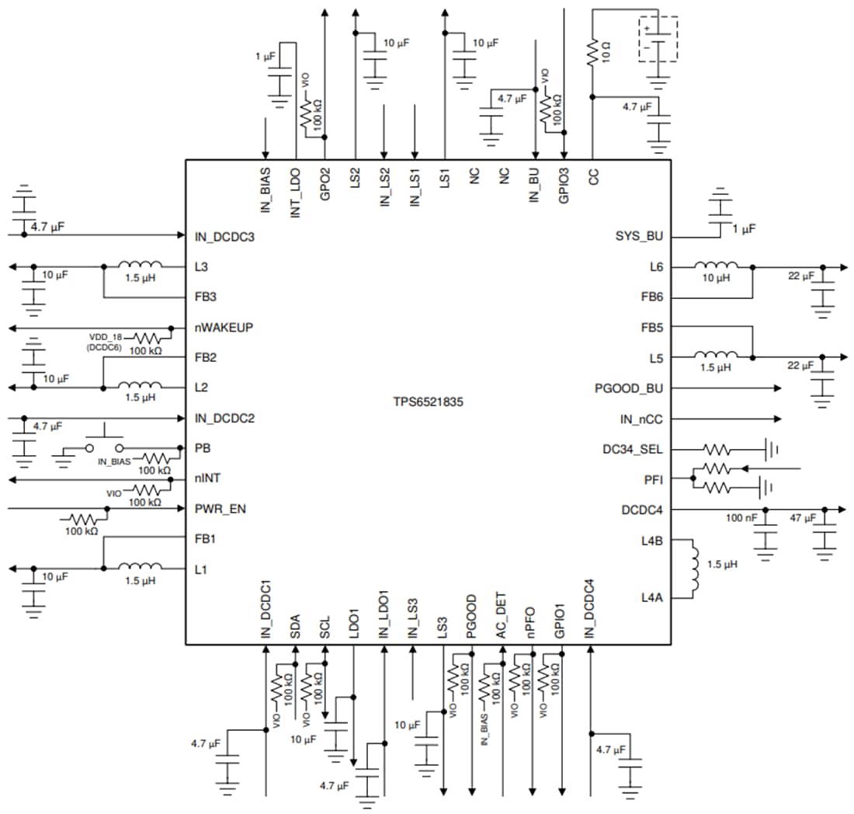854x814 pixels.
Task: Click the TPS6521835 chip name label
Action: click(x=428, y=403)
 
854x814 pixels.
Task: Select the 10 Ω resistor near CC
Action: click(x=592, y=52)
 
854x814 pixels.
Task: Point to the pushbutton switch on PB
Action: click(x=105, y=446)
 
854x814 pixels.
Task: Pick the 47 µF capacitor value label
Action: click(x=803, y=517)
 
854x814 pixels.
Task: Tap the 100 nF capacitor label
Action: click(x=741, y=517)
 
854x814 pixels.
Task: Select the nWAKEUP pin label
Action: click(x=224, y=327)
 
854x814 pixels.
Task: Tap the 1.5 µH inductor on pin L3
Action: click(x=140, y=266)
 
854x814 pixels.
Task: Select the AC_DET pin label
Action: click(x=502, y=617)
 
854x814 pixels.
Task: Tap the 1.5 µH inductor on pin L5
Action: click(x=716, y=357)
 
